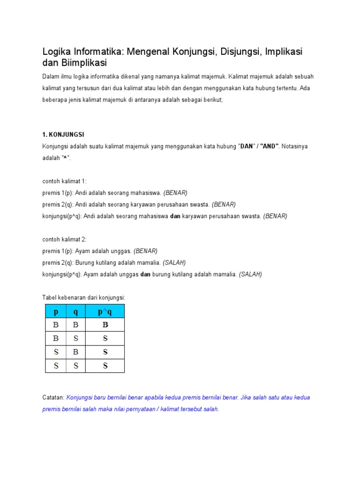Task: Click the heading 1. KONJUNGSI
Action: click(63, 135)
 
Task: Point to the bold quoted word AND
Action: click(270, 146)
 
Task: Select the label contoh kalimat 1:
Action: click(65, 181)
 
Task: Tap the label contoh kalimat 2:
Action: click(65, 239)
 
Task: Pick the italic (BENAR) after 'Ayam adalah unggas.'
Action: click(145, 251)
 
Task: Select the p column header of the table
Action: click(56, 312)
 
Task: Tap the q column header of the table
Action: click(76, 312)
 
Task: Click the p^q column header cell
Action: click(105, 312)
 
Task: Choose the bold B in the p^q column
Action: click(105, 325)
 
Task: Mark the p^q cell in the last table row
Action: click(105, 366)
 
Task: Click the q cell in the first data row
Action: click(76, 325)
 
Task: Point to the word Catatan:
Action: click(53, 397)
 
